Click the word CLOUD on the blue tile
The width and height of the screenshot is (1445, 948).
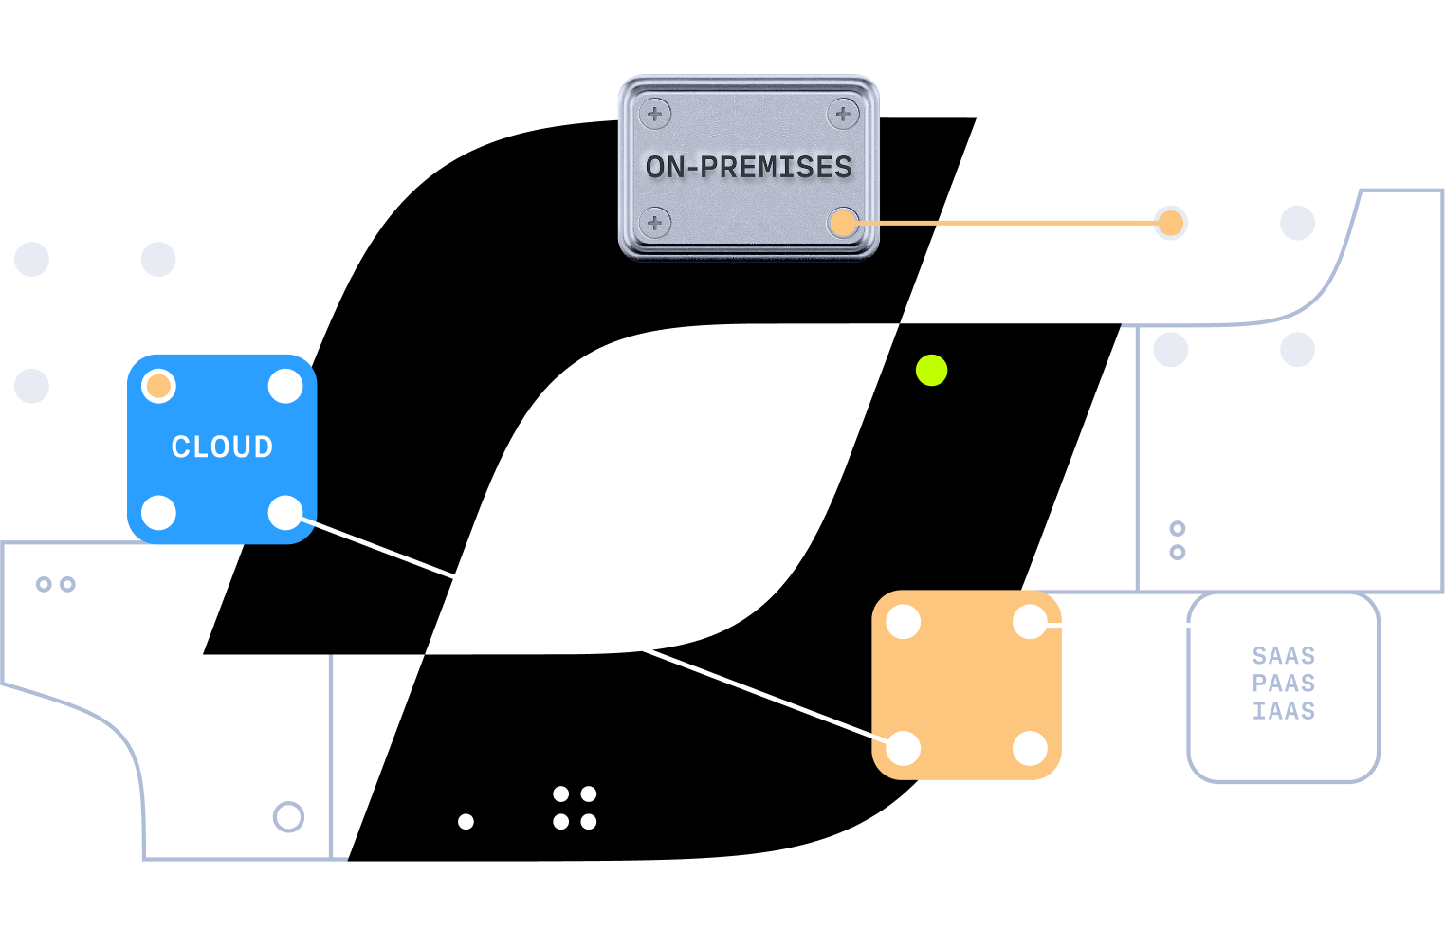pyautogui.click(x=222, y=447)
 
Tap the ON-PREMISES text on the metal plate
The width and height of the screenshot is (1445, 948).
pyautogui.click(x=748, y=167)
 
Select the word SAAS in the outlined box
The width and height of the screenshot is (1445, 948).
pyautogui.click(x=1283, y=655)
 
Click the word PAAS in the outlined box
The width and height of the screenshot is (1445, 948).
pyautogui.click(x=1283, y=683)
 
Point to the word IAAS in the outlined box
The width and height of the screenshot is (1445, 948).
pyautogui.click(x=1283, y=710)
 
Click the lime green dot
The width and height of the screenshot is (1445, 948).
pyautogui.click(x=931, y=370)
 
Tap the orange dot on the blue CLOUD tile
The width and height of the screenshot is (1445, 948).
pyautogui.click(x=158, y=386)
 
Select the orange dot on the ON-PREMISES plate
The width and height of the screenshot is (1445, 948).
pyautogui.click(x=842, y=223)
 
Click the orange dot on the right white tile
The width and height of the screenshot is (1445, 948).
pyautogui.click(x=1171, y=223)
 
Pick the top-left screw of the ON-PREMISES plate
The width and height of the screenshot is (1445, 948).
pyautogui.click(x=654, y=114)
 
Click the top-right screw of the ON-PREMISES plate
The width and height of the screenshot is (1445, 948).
pyautogui.click(x=842, y=114)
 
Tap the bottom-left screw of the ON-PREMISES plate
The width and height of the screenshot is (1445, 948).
pyautogui.click(x=654, y=223)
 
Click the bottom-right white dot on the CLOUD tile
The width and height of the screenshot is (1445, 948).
pyautogui.click(x=285, y=513)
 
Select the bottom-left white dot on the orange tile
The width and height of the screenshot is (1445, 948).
pyautogui.click(x=904, y=748)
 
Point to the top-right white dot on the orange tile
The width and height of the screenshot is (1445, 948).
pyautogui.click(x=1030, y=623)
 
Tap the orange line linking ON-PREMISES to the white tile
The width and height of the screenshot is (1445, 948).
pyautogui.click(x=1005, y=223)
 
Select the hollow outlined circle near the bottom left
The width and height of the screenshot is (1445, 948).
pyautogui.click(x=288, y=816)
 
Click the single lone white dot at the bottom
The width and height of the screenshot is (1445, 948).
pyautogui.click(x=466, y=821)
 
